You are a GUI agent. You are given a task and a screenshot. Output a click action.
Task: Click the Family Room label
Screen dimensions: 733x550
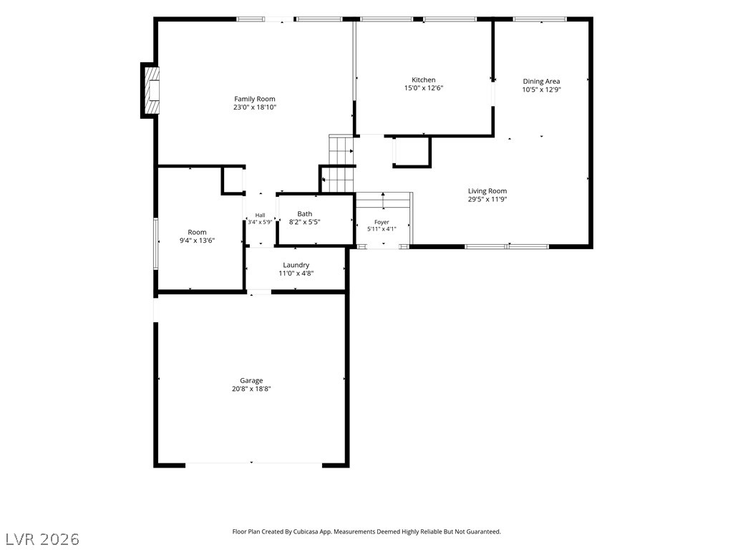pos(254,99)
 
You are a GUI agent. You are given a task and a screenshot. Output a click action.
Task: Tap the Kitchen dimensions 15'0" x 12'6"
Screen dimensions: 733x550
pos(424,88)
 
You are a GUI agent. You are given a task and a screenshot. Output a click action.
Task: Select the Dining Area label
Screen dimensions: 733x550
pos(541,82)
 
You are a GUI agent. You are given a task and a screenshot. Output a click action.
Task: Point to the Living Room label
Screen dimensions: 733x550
pos(487,190)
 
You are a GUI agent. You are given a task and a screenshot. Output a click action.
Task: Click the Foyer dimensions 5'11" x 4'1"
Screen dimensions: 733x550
pos(382,228)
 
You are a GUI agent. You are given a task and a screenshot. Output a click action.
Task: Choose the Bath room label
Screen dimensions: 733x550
pos(305,213)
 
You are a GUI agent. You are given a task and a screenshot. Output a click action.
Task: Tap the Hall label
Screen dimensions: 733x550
pos(261,215)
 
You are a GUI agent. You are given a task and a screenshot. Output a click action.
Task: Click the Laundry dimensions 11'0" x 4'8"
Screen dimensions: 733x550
pos(296,273)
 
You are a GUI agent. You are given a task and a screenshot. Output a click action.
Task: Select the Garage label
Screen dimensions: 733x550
pos(251,381)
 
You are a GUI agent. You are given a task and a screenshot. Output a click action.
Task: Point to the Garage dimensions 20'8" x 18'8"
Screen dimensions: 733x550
pos(251,389)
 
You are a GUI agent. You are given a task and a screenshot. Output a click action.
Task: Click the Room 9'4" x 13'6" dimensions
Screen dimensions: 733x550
pos(198,241)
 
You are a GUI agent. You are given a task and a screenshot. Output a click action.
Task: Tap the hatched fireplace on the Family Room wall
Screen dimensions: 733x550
pos(151,90)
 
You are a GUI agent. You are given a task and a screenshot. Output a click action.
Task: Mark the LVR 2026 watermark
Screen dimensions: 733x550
pos(40,539)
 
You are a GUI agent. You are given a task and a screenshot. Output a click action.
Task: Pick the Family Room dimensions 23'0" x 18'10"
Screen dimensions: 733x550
pos(255,107)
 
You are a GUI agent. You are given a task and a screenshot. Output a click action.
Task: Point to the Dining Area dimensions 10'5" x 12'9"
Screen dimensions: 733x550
pos(541,90)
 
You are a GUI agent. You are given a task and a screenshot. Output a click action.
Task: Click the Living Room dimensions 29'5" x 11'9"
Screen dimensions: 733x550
pos(487,199)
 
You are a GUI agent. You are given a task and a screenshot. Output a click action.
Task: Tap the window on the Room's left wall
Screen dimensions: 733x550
pos(156,243)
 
